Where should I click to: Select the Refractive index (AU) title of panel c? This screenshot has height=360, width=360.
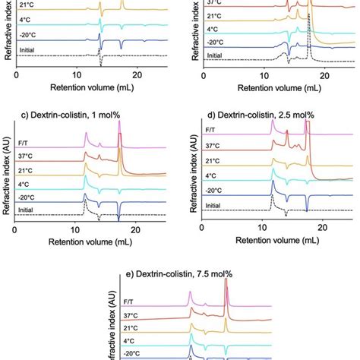(7, 172)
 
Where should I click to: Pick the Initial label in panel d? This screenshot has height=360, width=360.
(216, 206)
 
